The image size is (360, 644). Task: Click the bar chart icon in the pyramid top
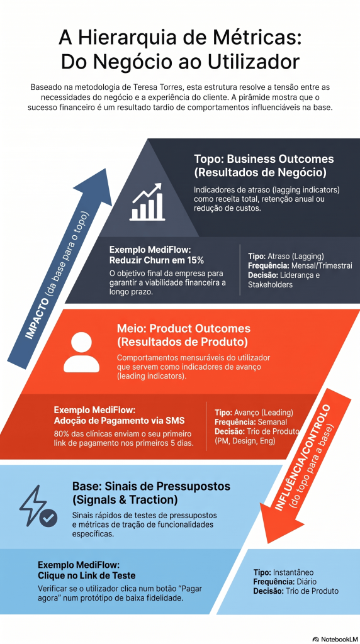146,202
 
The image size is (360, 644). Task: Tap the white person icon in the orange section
82,352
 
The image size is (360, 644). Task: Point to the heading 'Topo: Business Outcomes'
264,159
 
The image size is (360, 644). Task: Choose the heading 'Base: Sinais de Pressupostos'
151,486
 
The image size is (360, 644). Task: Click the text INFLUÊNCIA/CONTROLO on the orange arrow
303,457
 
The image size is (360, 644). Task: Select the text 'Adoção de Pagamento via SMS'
119,420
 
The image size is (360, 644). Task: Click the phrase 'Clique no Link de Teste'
86,575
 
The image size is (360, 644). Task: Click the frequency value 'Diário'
305,582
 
